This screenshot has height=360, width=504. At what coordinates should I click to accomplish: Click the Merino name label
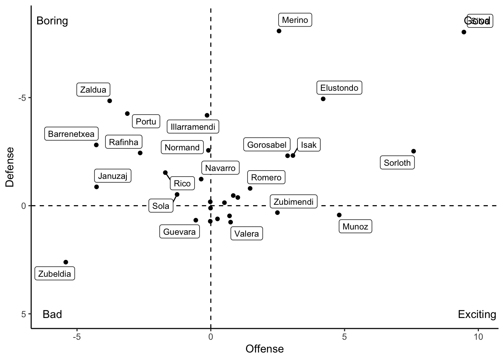(x=295, y=20)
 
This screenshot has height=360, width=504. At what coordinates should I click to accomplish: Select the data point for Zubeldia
(x=66, y=262)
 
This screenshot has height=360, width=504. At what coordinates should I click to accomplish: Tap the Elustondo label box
(x=339, y=88)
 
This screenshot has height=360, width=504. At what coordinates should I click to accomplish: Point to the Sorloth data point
(x=414, y=151)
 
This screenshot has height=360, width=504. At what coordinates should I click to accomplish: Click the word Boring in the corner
(x=52, y=21)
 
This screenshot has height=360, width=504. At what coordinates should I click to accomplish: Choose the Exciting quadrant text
(x=477, y=314)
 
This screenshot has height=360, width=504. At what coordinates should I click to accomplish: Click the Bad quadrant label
(x=52, y=314)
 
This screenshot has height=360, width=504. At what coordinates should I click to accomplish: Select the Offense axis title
(x=264, y=349)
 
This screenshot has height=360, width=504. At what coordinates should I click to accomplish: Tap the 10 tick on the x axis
(x=478, y=337)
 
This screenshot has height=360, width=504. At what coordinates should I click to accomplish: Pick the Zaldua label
(x=93, y=90)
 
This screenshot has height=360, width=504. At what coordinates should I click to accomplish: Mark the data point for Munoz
(x=339, y=215)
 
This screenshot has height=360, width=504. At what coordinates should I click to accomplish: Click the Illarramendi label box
(x=193, y=127)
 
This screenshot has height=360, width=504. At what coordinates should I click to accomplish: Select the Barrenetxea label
(x=71, y=134)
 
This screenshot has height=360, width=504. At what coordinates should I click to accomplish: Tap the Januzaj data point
(x=96, y=187)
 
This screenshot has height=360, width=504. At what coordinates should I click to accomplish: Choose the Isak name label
(x=309, y=145)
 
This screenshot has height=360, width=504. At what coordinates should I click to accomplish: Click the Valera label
(x=246, y=234)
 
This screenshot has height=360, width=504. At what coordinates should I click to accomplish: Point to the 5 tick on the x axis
(x=344, y=337)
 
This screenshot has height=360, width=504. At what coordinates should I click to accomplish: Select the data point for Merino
(x=279, y=31)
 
